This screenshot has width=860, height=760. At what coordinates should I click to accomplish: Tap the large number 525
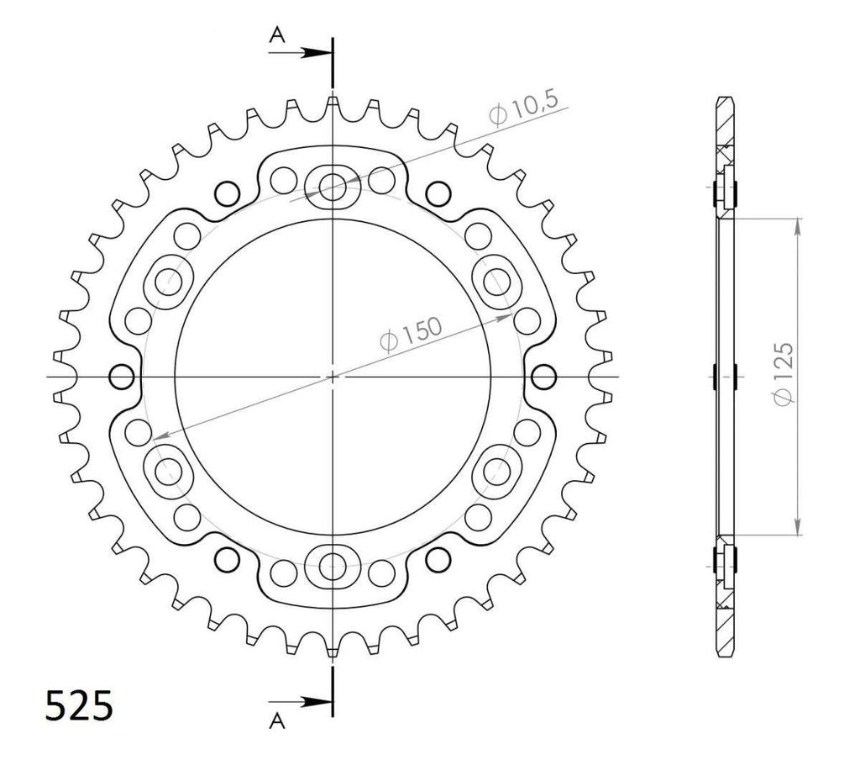point(79,705)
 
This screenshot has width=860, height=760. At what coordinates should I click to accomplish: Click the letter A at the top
point(277,35)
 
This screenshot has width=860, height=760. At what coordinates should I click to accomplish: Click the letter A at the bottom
point(277,721)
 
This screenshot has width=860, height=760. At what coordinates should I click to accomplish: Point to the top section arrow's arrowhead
point(317,53)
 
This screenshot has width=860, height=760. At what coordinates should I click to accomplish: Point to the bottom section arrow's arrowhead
point(317,701)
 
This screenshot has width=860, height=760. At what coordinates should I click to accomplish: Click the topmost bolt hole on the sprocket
point(333,187)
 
